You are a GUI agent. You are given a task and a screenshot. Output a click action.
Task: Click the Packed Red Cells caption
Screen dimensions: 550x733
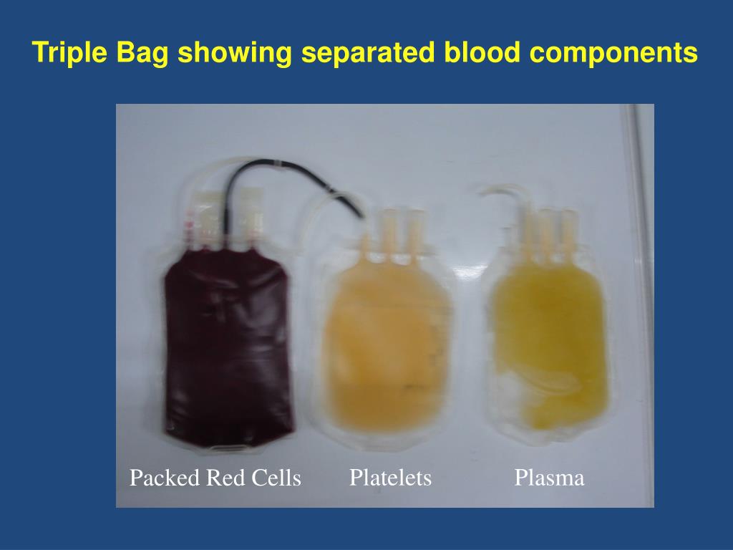pyautogui.click(x=215, y=478)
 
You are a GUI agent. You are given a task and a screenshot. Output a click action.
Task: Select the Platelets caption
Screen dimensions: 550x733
pyautogui.click(x=390, y=478)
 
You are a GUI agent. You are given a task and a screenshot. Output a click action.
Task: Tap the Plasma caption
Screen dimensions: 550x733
pyautogui.click(x=549, y=478)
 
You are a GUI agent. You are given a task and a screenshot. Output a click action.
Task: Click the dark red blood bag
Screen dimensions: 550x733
pyautogui.click(x=228, y=351)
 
